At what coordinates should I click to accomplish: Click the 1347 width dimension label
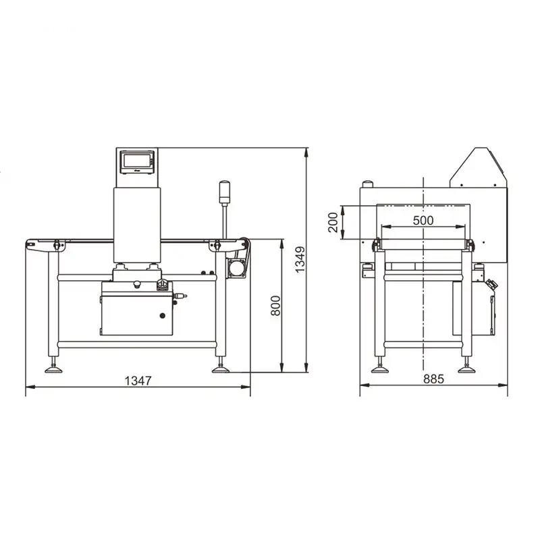[138, 380]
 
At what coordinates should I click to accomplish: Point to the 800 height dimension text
[275, 306]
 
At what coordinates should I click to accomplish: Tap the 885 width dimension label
[433, 379]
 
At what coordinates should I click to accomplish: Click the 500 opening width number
[423, 220]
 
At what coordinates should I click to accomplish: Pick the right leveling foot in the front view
[220, 368]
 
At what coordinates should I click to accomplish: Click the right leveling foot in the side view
[465, 368]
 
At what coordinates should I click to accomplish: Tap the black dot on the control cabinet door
[162, 315]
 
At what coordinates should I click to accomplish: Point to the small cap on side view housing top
[368, 183]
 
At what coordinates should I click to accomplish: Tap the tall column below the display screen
[138, 223]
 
